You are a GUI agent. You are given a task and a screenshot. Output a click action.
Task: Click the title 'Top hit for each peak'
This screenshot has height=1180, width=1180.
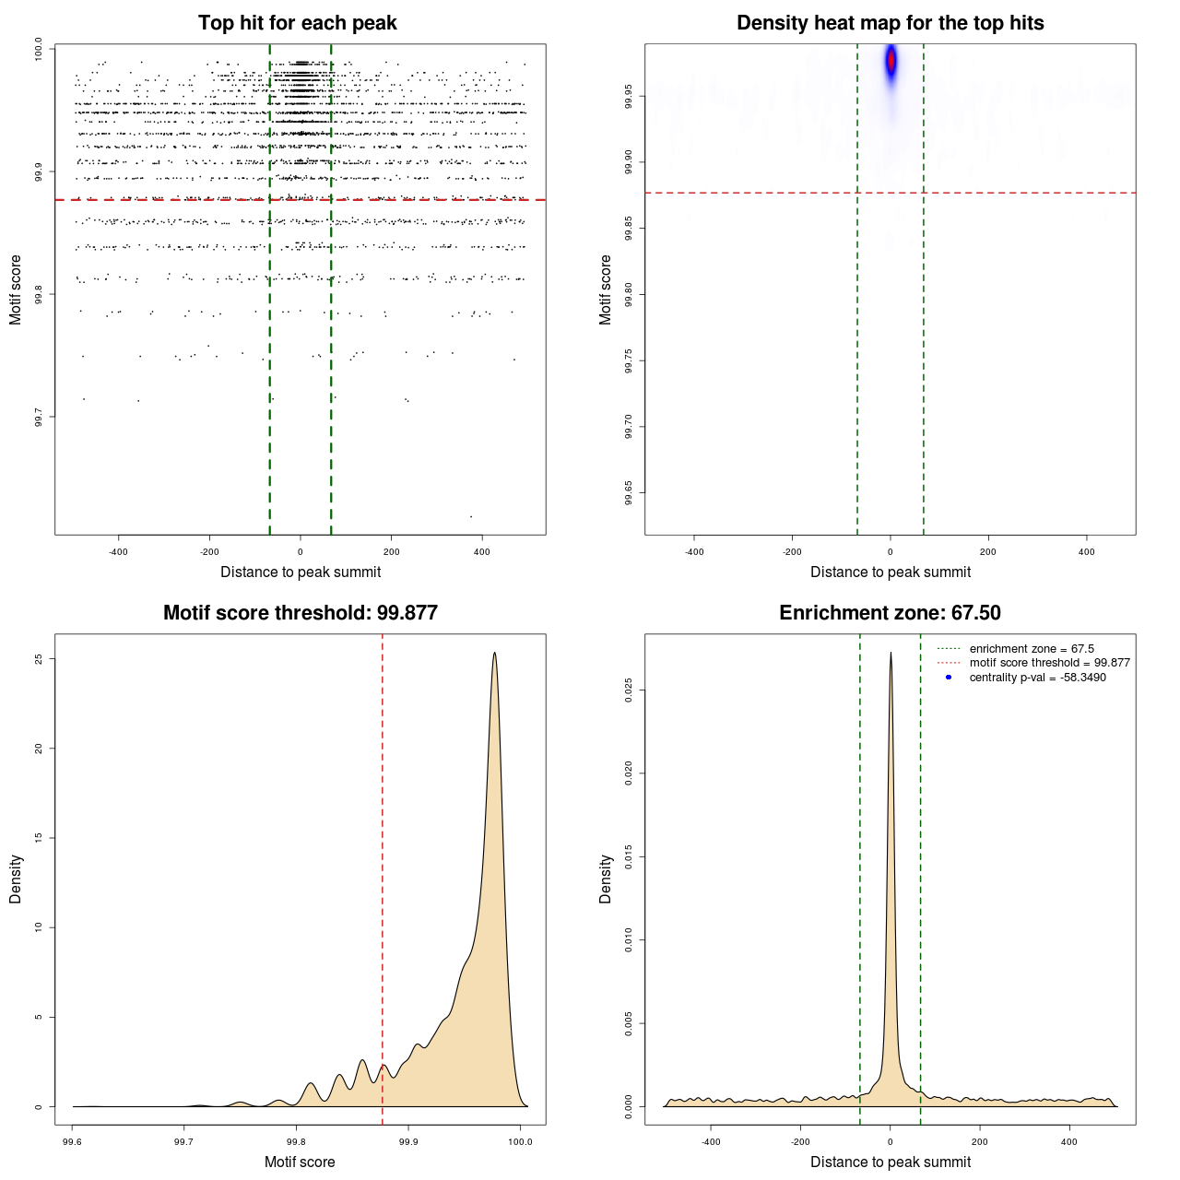297,23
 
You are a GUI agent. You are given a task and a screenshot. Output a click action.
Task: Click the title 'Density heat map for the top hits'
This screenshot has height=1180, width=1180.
890,23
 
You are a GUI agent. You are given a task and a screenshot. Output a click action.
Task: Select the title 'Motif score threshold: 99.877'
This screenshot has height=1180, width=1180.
300,613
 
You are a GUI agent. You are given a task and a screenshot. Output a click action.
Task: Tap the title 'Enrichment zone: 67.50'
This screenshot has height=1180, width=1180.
890,613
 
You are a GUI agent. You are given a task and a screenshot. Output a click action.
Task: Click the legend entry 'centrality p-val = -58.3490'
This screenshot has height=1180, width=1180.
1037,678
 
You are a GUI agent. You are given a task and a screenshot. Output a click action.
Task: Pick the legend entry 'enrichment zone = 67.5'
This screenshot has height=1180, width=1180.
1032,649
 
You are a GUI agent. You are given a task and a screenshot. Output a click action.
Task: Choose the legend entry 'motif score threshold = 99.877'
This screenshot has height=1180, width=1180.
1049,663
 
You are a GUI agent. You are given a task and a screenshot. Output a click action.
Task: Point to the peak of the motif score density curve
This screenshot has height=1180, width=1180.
495,654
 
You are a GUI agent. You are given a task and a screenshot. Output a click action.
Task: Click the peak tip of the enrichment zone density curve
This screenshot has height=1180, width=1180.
891,654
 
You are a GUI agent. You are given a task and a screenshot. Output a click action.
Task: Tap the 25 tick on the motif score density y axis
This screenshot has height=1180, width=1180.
39,659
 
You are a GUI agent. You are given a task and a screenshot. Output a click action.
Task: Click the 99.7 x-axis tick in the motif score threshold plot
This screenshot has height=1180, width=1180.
184,1141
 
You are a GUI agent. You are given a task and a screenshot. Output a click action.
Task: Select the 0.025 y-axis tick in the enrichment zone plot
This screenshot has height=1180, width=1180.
629,690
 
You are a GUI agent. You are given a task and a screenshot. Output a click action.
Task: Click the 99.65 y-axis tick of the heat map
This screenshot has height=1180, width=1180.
629,493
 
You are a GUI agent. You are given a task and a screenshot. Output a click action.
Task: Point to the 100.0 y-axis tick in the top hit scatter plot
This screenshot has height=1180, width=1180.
39,49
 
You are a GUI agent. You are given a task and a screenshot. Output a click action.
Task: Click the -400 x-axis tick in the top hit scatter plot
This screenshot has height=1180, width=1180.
118,552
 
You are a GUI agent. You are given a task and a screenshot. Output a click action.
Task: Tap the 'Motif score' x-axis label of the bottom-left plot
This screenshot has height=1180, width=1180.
300,1162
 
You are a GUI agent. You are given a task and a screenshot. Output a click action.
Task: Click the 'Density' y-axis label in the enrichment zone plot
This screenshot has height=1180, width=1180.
606,879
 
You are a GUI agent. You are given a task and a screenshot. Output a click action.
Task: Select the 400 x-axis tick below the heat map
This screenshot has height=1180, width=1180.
1086,552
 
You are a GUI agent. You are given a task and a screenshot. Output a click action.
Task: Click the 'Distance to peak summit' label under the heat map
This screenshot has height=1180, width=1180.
890,572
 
